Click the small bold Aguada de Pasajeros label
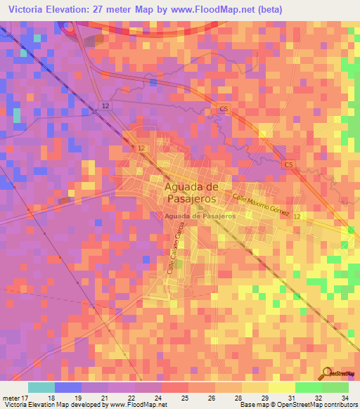199,216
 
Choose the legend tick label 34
345,398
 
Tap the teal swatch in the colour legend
41,387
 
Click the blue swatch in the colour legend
68,387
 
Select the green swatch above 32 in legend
308,387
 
